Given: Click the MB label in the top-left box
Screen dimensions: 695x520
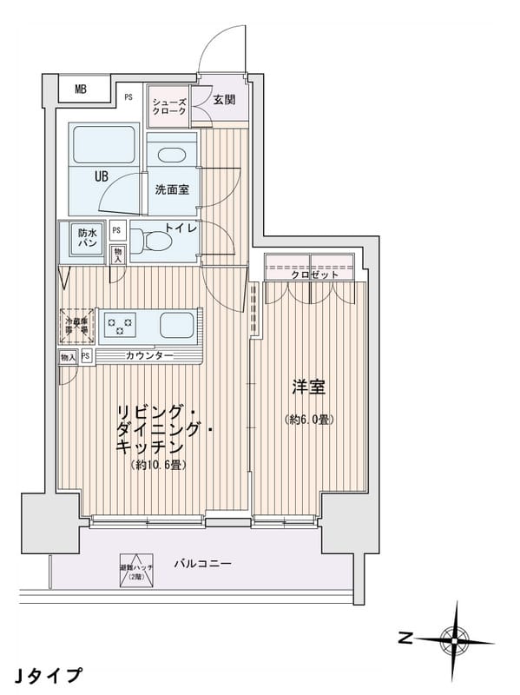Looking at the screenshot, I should (80, 89).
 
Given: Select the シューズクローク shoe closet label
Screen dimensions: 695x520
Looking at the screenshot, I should (168, 106).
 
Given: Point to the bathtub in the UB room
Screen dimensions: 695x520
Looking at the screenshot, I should (105, 146).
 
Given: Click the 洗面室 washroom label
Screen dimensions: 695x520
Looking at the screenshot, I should (171, 189).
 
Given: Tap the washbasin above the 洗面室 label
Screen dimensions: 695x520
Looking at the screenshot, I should (172, 156).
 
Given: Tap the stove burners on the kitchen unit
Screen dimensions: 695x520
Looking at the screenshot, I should (119, 326).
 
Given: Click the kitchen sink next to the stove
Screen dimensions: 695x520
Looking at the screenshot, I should (177, 327).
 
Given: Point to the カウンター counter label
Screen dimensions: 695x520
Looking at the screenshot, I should (148, 356).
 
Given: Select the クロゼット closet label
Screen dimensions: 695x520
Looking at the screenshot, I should (310, 274).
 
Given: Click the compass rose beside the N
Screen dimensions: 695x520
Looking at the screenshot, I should (454, 639).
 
